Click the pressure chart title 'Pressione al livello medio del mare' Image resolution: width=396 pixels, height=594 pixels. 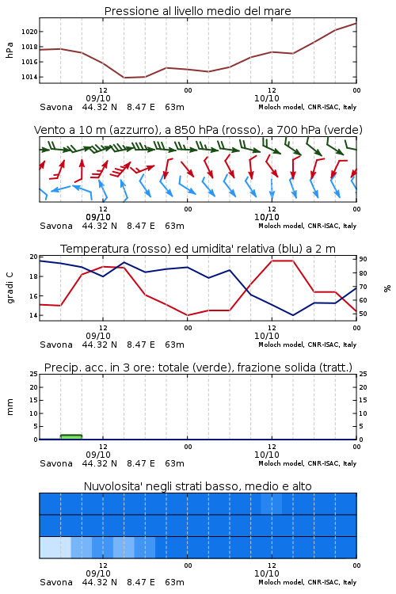pos(197,11)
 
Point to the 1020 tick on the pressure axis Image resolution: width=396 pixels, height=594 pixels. pos(29,32)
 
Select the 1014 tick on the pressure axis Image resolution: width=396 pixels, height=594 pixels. pos(29,77)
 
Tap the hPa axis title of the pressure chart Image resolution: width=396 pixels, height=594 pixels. pos(10,50)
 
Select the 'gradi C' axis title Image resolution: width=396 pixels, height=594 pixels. pos(10,287)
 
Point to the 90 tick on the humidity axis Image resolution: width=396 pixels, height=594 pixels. pos(363,259)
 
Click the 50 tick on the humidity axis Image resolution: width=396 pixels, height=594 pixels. pos(363,314)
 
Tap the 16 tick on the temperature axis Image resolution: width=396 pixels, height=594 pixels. pos(34,296)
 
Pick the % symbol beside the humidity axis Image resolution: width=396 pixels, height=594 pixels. pos(387,288)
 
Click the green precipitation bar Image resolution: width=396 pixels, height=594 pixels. pos(70,436)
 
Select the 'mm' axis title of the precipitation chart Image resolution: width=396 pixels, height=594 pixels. pos(10,406)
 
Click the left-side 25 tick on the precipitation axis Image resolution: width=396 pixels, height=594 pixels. pos(34,374)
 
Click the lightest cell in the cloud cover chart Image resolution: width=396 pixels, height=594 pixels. pos(55,547)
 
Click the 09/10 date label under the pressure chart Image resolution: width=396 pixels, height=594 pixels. pos(98,98)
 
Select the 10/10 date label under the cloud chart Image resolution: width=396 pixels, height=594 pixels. pos(266,573)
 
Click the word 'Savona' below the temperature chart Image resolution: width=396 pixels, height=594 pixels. pos(56,345)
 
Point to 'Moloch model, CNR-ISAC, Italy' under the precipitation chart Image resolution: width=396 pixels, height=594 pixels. pos(307,463)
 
